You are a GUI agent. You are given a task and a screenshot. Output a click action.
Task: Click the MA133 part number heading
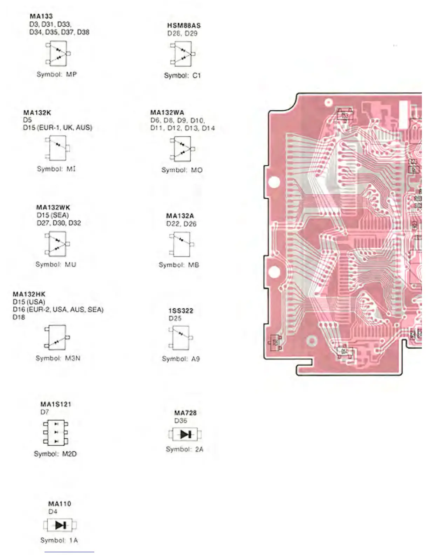[x=41, y=16]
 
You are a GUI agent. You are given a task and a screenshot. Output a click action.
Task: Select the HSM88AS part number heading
[x=184, y=26]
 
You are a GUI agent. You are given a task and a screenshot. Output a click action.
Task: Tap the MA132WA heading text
[x=167, y=112]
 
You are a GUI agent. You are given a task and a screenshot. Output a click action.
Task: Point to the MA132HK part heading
[x=29, y=294]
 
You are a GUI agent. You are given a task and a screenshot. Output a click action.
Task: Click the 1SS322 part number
[x=181, y=311]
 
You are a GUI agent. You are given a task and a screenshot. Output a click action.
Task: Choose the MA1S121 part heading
[x=56, y=404]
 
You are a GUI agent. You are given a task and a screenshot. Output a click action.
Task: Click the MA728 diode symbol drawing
[x=185, y=435]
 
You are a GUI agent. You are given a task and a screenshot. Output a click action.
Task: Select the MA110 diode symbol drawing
[x=60, y=525]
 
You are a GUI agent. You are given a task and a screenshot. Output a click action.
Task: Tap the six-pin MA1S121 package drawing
[x=56, y=432]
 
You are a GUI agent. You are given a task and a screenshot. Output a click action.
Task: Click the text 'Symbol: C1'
[x=182, y=75]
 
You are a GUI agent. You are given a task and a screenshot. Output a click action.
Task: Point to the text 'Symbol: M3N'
[x=58, y=358]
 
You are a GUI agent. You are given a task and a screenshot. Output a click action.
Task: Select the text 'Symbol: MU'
[x=56, y=265]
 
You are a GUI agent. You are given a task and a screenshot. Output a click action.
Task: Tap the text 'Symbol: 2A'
[x=184, y=449]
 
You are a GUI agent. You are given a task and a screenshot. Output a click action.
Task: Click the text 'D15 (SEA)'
[x=53, y=215]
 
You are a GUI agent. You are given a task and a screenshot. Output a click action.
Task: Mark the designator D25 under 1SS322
[x=175, y=318]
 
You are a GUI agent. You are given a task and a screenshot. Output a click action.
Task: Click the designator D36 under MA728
[x=181, y=420]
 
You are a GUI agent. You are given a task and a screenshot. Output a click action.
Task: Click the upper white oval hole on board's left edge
[x=274, y=182]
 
